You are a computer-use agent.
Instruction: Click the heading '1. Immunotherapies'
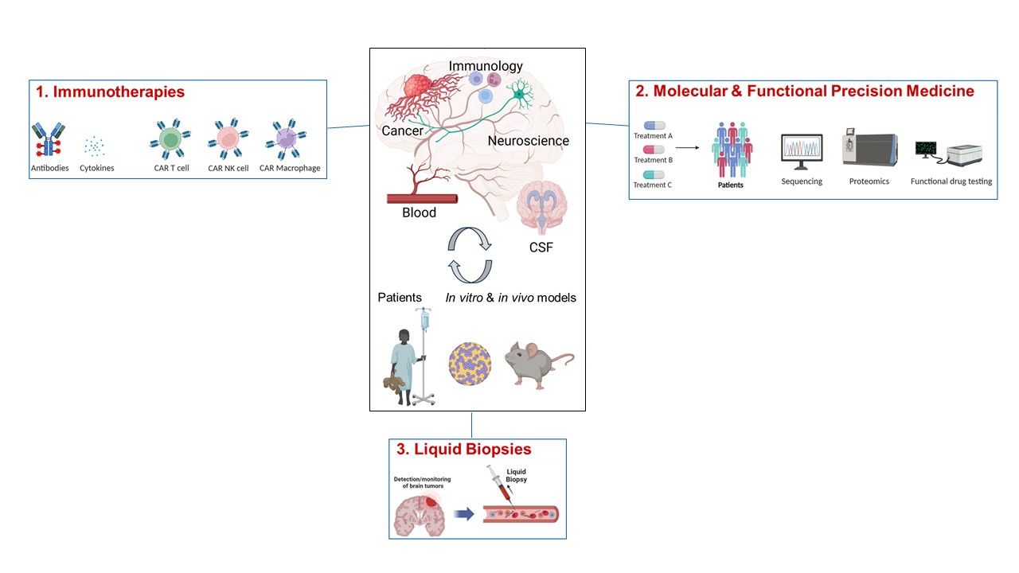click(x=110, y=92)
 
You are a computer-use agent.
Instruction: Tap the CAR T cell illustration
click(x=171, y=139)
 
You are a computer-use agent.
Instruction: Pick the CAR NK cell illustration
click(x=228, y=139)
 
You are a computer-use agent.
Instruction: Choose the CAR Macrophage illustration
click(x=286, y=139)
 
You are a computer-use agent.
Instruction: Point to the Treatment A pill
click(x=654, y=125)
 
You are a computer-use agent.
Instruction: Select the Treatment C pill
click(x=654, y=174)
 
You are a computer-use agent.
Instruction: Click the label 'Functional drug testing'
click(x=951, y=181)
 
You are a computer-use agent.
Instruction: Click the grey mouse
click(x=537, y=364)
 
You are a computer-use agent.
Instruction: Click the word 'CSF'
click(x=541, y=248)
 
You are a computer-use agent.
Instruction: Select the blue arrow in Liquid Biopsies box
click(x=464, y=513)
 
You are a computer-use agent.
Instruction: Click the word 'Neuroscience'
click(x=529, y=141)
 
